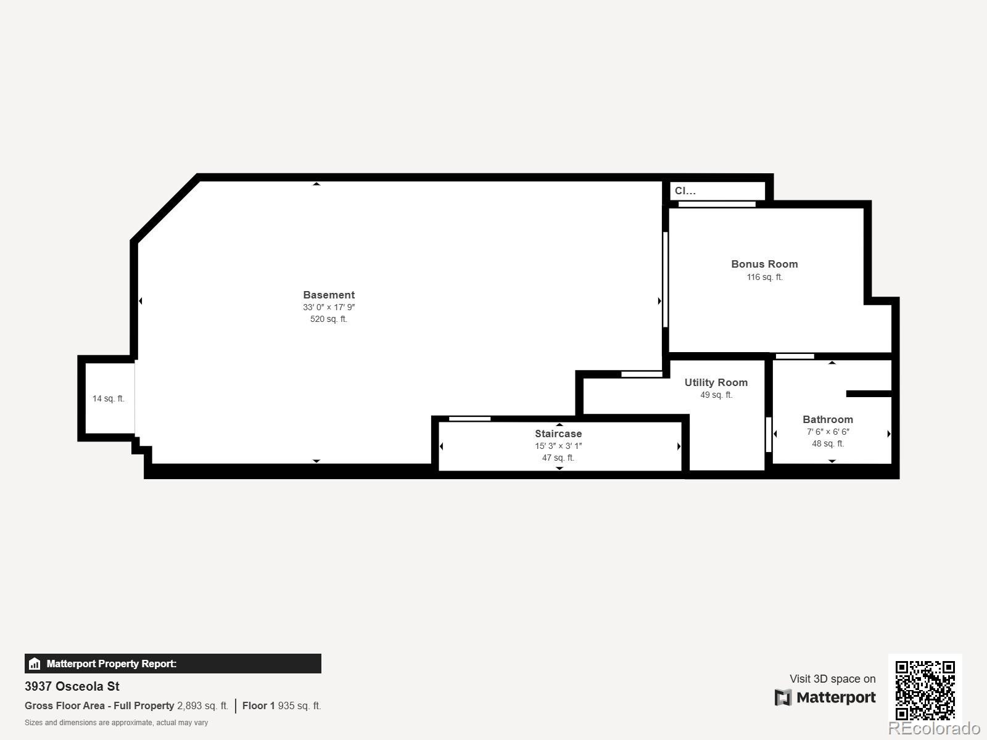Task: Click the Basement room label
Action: (x=329, y=295)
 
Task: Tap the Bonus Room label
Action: (x=764, y=264)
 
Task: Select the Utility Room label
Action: (x=716, y=382)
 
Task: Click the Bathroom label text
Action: (x=827, y=419)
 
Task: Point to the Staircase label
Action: (x=558, y=434)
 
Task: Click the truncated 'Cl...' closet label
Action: (x=685, y=191)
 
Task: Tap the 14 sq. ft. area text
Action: (x=109, y=398)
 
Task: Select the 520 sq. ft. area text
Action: (x=329, y=319)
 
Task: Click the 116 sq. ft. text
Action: (x=764, y=277)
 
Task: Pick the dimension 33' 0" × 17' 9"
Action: (x=329, y=307)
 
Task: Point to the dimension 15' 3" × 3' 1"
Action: (x=558, y=446)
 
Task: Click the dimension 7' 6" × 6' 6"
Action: (x=827, y=432)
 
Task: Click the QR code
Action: (x=925, y=690)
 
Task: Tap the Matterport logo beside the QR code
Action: (x=825, y=697)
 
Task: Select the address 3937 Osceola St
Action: (x=72, y=686)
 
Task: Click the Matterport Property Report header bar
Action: (x=173, y=664)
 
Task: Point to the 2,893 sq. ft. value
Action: (x=202, y=705)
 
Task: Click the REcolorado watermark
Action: (x=934, y=728)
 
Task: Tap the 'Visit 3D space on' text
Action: (x=832, y=679)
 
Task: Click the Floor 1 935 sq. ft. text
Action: (x=281, y=705)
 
